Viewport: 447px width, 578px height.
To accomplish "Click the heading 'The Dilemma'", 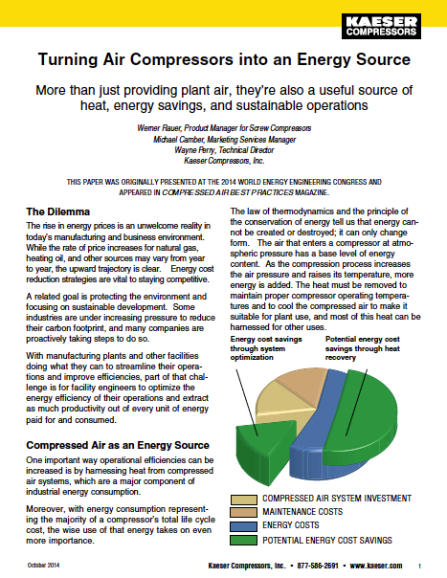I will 59,211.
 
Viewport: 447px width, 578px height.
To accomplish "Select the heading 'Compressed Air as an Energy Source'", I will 116,445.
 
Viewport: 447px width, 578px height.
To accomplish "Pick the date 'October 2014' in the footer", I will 41,566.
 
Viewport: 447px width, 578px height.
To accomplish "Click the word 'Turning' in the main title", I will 71,59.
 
